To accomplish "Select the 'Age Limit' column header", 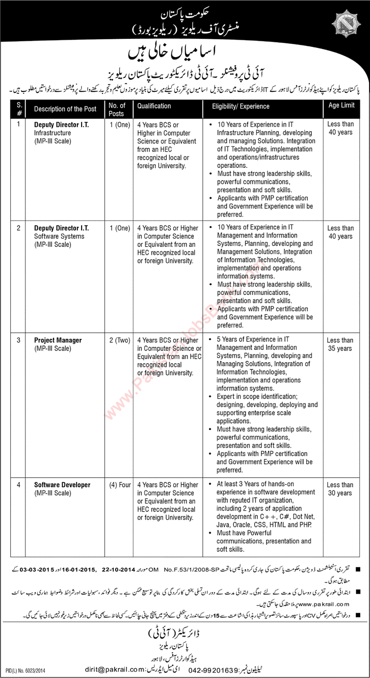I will pos(340,106).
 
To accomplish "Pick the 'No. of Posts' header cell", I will pos(117,109).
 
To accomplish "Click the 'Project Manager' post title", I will pos(58,340).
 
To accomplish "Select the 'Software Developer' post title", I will pos(62,485).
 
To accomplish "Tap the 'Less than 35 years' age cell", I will pos(340,344).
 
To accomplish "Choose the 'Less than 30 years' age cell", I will pos(340,489).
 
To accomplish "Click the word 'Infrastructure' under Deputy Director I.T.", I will pos(54,132).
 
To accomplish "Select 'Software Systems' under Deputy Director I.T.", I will pos(58,236).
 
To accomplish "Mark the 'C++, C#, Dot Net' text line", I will pos(264,518).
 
